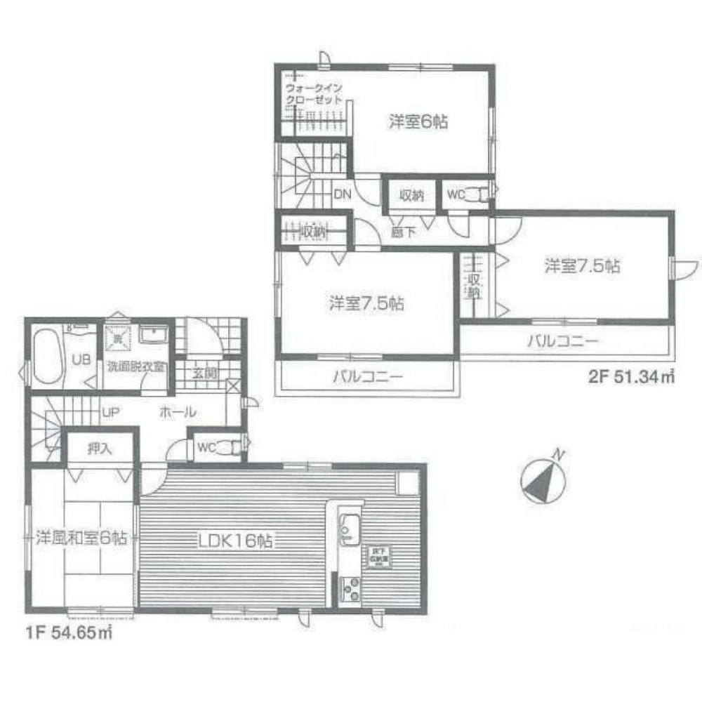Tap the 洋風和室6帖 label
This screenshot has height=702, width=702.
tap(81, 539)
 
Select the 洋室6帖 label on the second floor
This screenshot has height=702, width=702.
tap(419, 121)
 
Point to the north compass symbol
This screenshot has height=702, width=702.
tap(543, 480)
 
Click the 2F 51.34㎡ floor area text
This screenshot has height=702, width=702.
tap(630, 378)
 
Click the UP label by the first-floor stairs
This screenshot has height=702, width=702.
tap(109, 412)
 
